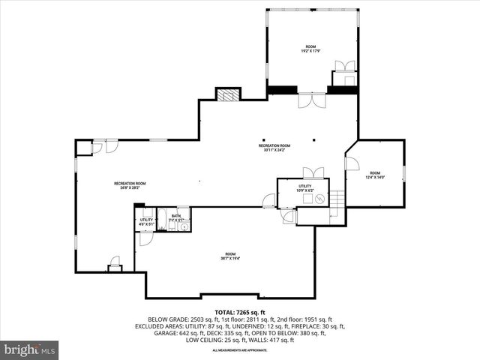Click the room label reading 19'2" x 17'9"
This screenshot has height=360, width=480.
310,49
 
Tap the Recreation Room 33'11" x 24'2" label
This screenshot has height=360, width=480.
274,148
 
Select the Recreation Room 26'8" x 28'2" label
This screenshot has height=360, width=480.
130,185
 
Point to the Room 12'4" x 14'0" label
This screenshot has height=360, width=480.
374,175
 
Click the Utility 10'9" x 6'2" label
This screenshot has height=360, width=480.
304,187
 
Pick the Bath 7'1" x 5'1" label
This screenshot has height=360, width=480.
175,217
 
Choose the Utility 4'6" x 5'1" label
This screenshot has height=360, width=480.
145,221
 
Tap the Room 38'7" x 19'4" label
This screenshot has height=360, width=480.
229,256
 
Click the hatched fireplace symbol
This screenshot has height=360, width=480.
227,94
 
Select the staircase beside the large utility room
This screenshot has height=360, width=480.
337,200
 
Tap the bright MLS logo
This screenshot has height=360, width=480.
30,349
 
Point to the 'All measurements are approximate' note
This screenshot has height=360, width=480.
239,350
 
